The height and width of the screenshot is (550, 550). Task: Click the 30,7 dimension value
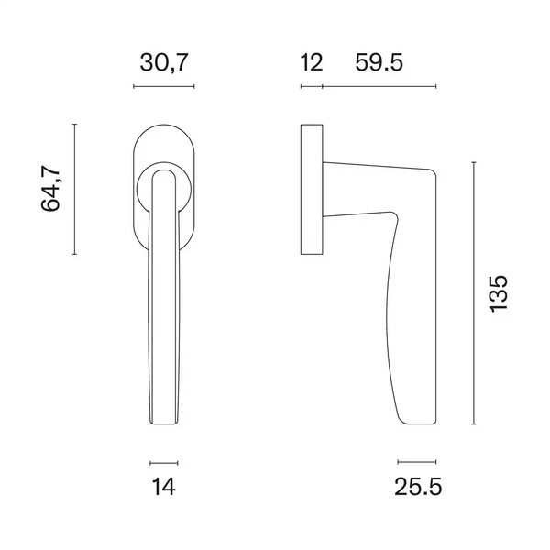tap(164, 62)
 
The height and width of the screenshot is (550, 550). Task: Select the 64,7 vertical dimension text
tap(50, 188)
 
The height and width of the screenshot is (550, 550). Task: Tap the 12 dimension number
tap(311, 62)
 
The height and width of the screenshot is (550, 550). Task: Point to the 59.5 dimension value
tap(379, 62)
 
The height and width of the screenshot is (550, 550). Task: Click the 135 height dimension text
tap(498, 293)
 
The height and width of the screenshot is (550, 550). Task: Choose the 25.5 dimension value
tap(418, 487)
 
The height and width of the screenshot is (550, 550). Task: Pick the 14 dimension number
tap(163, 487)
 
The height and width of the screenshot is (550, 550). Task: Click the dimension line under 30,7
tap(164, 86)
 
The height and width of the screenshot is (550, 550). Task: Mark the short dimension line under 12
tap(312, 86)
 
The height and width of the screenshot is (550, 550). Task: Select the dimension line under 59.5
tap(379, 86)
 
